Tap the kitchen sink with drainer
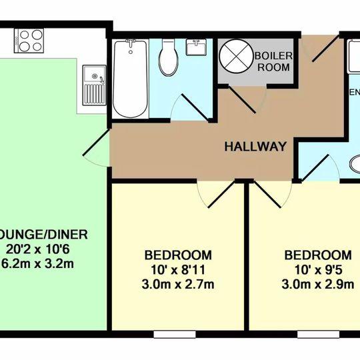[93, 87]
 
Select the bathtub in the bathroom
[129, 77]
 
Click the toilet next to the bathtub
[167, 58]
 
